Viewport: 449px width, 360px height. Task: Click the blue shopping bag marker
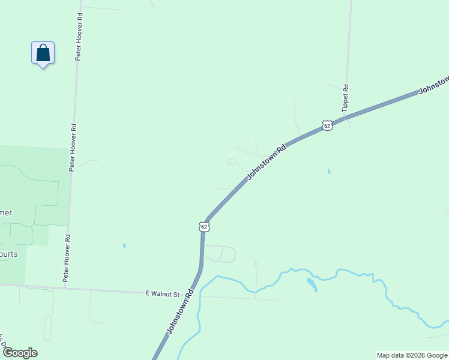(x=43, y=53)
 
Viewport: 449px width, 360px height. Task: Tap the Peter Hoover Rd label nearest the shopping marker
(x=78, y=37)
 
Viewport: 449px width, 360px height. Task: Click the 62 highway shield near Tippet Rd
(x=327, y=125)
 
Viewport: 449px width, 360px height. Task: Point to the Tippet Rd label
(x=345, y=98)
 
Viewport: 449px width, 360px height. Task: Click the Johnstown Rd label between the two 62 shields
(x=266, y=162)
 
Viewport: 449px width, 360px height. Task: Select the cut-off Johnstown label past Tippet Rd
(x=433, y=85)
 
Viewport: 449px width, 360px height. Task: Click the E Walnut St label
(x=163, y=294)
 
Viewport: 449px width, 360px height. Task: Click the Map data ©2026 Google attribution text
(x=412, y=355)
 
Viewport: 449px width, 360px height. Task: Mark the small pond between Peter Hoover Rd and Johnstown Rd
(x=124, y=245)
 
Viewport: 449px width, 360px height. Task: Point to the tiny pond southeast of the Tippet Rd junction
(x=328, y=172)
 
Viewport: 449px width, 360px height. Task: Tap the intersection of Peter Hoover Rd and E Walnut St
(x=64, y=289)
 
